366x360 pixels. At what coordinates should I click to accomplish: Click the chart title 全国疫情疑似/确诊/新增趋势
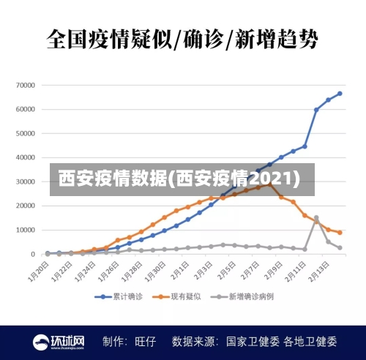coord(182,37)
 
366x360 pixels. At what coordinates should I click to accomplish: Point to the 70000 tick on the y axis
coord(25,85)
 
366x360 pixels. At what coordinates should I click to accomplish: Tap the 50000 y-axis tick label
coord(25,133)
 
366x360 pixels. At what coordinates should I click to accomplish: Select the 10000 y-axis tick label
coord(25,230)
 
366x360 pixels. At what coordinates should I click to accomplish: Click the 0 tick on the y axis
coord(33,254)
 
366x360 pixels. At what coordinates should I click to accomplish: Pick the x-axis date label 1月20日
coord(39,273)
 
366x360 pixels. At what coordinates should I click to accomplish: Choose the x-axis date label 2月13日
coord(320,273)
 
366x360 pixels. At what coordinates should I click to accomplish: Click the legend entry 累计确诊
coord(117,297)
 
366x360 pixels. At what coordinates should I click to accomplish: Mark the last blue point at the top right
coord(340,94)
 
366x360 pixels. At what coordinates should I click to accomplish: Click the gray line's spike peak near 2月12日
coord(316,217)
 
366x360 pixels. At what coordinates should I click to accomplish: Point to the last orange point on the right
coord(340,233)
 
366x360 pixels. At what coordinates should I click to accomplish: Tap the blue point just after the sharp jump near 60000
coord(316,110)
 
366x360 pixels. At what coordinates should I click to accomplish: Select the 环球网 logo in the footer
coord(59,342)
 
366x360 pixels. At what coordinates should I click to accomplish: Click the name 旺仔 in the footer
coord(146,342)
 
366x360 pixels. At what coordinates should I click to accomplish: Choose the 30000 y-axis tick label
coord(25,181)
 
